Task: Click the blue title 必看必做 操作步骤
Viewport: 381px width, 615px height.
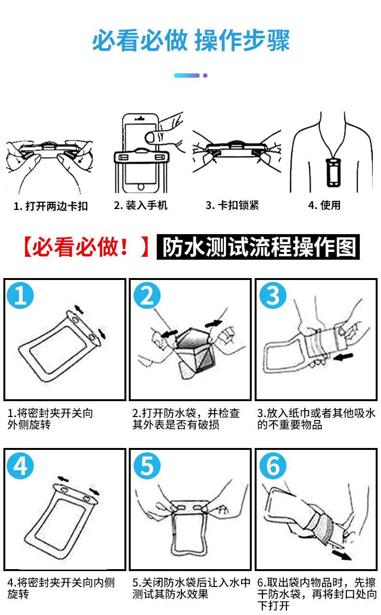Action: (x=191, y=41)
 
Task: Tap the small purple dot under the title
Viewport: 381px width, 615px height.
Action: (x=205, y=75)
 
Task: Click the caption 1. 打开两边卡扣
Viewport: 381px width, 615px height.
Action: (x=51, y=206)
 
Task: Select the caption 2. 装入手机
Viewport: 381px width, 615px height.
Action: (x=141, y=205)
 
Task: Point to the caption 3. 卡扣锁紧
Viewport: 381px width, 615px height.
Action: (x=232, y=205)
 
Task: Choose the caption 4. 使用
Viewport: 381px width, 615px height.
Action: (x=324, y=205)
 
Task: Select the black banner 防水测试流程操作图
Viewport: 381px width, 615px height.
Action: (x=258, y=247)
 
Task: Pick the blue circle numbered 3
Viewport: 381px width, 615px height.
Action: (x=273, y=296)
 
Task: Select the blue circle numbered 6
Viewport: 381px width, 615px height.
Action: (x=273, y=466)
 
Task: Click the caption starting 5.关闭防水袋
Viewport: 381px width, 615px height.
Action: (x=191, y=588)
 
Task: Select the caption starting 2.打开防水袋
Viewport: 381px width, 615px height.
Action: (x=186, y=419)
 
